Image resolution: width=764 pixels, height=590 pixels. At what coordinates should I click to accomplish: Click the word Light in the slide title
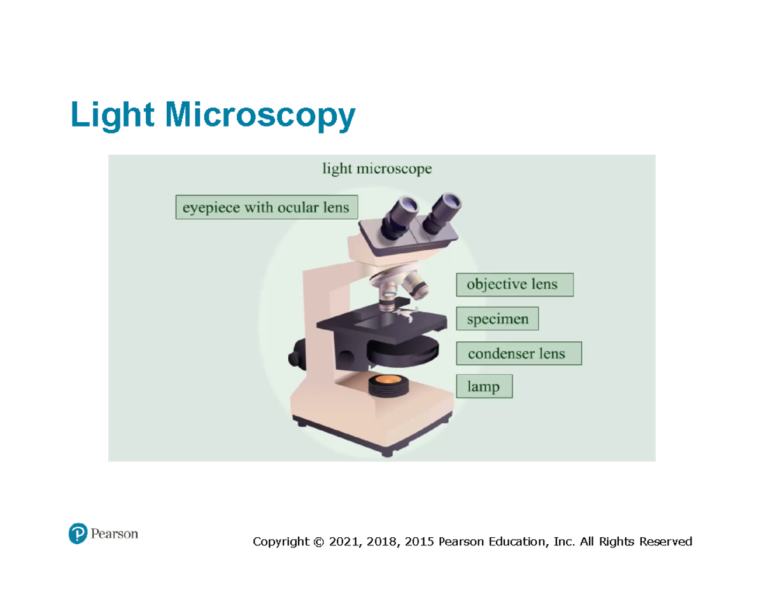tap(112, 115)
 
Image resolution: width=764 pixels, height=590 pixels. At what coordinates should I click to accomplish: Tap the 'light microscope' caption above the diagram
tap(377, 169)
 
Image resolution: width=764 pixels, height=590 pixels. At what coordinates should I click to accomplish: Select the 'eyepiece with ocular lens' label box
tap(266, 207)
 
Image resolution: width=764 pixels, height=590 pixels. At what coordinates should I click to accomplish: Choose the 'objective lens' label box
tap(514, 284)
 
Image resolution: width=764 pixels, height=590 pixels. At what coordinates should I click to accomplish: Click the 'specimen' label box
tap(497, 319)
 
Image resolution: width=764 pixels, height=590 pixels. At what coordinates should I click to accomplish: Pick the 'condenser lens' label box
tap(518, 353)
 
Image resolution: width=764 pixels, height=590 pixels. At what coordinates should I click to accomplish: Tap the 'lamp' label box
tap(484, 386)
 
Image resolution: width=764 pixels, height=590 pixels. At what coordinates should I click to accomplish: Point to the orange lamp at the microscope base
tap(386, 381)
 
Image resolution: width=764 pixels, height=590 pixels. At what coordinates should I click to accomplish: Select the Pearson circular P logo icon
tap(77, 533)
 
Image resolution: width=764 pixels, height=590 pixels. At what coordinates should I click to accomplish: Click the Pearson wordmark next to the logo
tap(113, 533)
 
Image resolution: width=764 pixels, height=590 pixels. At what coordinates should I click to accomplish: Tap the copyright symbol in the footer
tap(318, 542)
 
